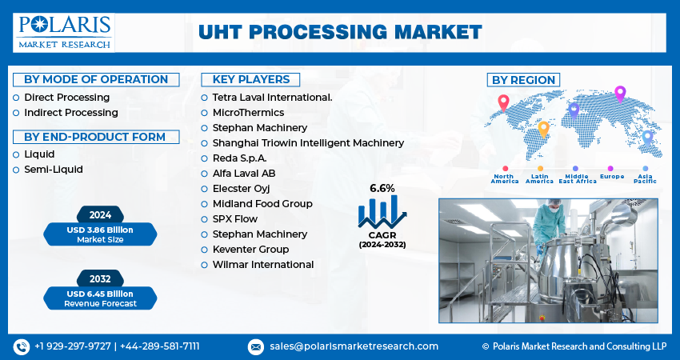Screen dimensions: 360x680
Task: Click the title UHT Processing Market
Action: (x=341, y=32)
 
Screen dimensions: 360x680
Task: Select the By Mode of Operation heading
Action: (x=96, y=79)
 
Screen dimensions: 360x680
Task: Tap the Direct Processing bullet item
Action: (x=66, y=97)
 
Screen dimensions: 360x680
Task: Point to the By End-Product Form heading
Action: (x=94, y=137)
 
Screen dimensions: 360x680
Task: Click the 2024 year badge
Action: (x=100, y=214)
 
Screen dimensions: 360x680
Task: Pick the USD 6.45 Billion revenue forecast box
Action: (x=101, y=298)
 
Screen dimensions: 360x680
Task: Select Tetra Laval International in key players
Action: (x=272, y=97)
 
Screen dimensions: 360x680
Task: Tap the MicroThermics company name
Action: (x=248, y=112)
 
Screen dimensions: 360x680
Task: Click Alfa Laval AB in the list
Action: (x=244, y=173)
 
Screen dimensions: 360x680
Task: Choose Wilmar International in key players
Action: (x=262, y=264)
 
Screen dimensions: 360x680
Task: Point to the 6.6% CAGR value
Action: (x=382, y=188)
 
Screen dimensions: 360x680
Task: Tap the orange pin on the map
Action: (x=543, y=127)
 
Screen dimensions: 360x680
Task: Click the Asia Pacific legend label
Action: (x=645, y=178)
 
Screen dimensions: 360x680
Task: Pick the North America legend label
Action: (x=505, y=178)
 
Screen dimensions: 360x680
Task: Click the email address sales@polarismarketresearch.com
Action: (x=354, y=346)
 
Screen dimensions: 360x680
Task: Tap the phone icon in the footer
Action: (x=21, y=346)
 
